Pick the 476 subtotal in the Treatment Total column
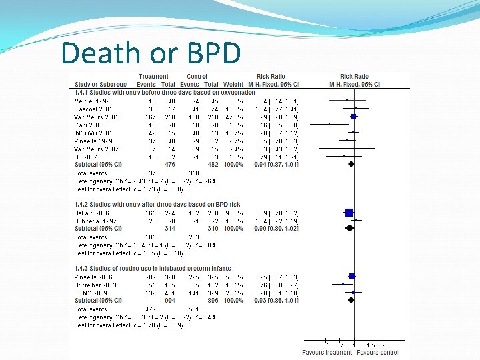coord(169,164)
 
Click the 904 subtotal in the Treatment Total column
coord(169,300)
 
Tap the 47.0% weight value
coord(234,116)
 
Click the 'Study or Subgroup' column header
coord(101,84)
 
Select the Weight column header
coord(234,84)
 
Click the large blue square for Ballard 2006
coord(349,212)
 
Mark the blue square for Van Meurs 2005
coord(354,116)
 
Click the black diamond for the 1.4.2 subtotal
coord(349,228)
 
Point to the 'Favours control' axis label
coord(377,351)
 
